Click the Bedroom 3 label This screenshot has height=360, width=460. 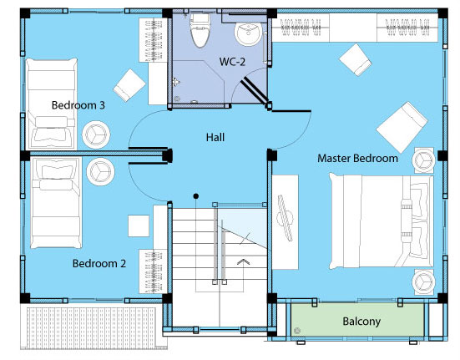click(78, 105)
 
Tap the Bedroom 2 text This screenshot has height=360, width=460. click(99, 263)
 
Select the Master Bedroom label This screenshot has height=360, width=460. click(357, 158)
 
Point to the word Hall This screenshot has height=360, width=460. click(215, 137)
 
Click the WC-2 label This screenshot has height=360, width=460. click(232, 61)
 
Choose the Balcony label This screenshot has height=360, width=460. click(361, 322)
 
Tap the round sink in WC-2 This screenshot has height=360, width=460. click(248, 33)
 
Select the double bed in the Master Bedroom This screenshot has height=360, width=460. click(381, 221)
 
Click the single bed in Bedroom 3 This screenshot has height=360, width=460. click(51, 104)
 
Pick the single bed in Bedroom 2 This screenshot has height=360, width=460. click(56, 202)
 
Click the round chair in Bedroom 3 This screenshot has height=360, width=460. click(96, 134)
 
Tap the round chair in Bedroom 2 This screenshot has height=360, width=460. click(101, 171)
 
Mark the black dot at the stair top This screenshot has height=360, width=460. click(196, 196)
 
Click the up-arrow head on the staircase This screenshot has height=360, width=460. click(243, 261)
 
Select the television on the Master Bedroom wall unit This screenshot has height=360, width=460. click(286, 218)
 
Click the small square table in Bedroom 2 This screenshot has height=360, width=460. click(139, 226)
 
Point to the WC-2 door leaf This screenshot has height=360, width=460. click(254, 91)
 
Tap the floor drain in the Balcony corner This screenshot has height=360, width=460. click(297, 331)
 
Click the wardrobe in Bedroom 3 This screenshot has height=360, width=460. click(153, 40)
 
